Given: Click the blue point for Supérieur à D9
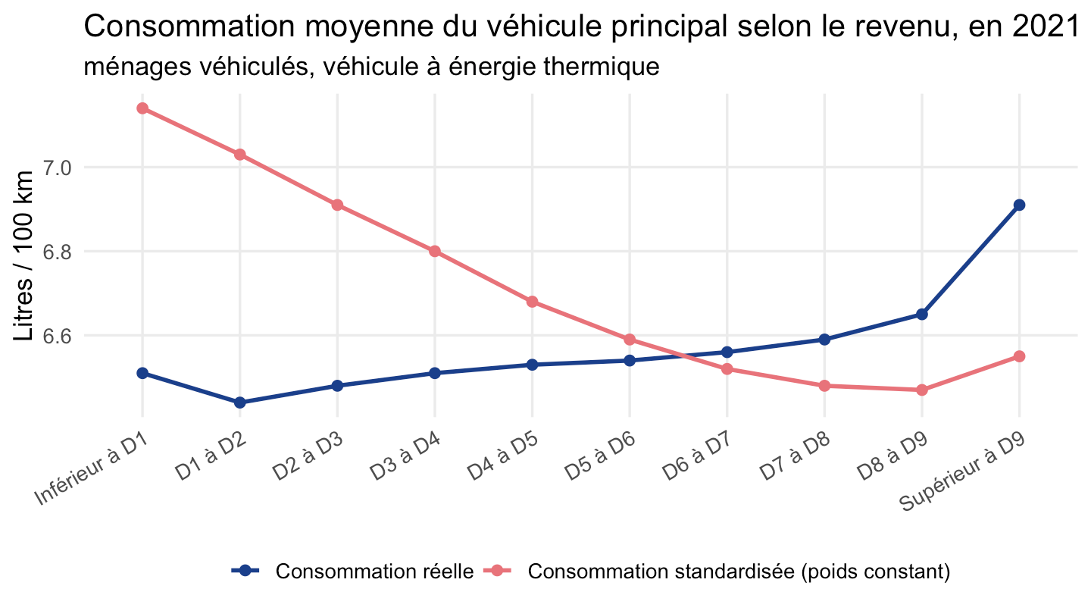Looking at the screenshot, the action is [1019, 205].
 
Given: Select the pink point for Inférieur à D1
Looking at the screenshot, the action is [142, 108].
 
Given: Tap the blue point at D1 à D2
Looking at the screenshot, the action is [239, 403].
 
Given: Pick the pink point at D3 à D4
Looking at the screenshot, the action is [434, 252].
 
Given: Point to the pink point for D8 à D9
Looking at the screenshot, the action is [921, 390].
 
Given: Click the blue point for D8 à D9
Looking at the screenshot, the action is [921, 315].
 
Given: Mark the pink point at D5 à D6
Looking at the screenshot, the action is [630, 339].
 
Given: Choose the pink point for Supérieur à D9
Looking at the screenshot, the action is [1019, 356].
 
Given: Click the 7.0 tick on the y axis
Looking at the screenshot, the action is [57, 168].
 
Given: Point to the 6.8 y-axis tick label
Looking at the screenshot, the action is [57, 252].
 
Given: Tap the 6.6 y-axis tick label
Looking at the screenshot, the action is [57, 336].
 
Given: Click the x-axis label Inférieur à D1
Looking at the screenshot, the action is [91, 468].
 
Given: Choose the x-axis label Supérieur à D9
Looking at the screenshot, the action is [962, 471].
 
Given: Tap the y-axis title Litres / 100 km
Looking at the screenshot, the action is [23, 256].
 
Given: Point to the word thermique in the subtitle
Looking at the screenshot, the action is [602, 67].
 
